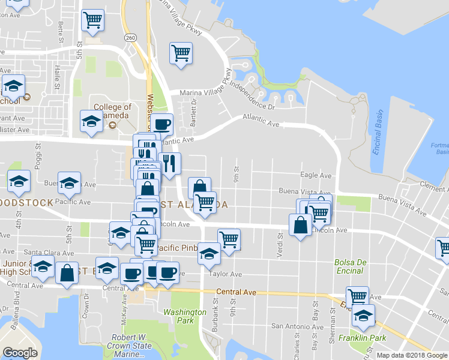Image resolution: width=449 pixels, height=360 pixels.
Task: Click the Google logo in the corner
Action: [20, 353]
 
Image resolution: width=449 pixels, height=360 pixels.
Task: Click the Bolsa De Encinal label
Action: [350, 266]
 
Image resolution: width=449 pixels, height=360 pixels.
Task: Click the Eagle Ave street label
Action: [316, 176]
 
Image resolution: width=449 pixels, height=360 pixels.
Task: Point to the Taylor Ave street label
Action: [226, 274]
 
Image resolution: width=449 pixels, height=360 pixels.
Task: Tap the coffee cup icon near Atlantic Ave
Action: [161, 125]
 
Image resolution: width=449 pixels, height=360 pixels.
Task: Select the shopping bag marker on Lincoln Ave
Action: [300, 225]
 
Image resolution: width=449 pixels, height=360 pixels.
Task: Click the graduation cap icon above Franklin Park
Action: [363, 316]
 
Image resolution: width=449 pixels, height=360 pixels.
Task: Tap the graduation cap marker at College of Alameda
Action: [91, 121]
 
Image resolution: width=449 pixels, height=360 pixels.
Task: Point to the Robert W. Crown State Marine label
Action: [129, 346]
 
